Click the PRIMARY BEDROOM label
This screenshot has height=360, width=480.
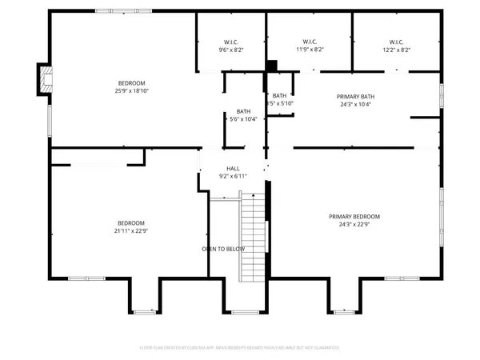(354, 216)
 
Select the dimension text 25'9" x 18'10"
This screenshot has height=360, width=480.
(131, 91)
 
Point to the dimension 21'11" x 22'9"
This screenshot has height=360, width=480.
(131, 230)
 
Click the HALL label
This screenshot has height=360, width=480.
(233, 168)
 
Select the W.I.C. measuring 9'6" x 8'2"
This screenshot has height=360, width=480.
(231, 46)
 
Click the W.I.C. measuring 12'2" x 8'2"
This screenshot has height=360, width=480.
(397, 46)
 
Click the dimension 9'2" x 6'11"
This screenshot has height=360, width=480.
(233, 176)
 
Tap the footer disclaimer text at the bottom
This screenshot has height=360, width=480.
(240, 348)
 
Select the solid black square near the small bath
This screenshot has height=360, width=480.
(271, 66)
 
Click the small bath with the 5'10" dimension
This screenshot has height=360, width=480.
(281, 99)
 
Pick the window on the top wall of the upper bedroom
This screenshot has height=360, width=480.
(114, 10)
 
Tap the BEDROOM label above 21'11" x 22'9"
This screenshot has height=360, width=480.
(131, 222)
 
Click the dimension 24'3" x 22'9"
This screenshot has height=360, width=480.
(354, 224)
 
